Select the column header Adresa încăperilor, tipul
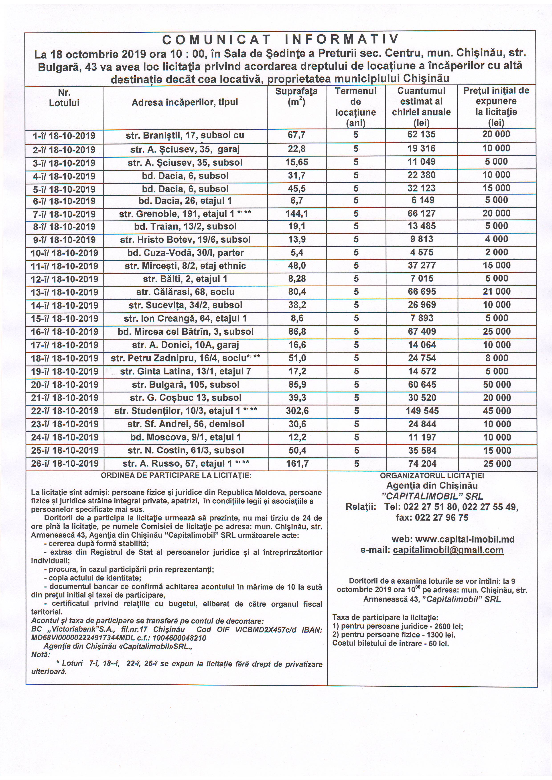pyautogui.click(x=185, y=102)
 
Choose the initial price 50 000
pyautogui.click(x=497, y=385)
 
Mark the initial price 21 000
pyautogui.click(x=497, y=291)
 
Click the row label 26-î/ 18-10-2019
pyautogui.click(x=65, y=464)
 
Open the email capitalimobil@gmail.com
pyautogui.click(x=448, y=550)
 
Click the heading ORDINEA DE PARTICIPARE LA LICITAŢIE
pyautogui.click(x=176, y=475)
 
